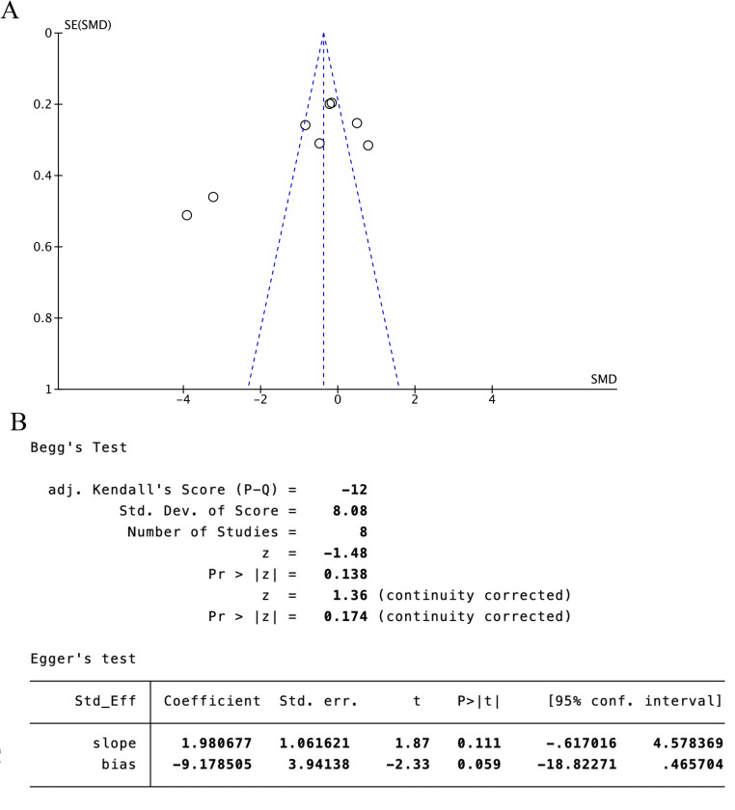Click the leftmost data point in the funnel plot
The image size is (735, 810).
pyautogui.click(x=187, y=215)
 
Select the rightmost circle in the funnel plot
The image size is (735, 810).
pyautogui.click(x=367, y=146)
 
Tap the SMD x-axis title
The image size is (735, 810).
pyautogui.click(x=603, y=379)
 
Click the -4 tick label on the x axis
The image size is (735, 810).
pyautogui.click(x=181, y=399)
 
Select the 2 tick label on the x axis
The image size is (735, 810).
pyautogui.click(x=415, y=399)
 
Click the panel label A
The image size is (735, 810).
pyautogui.click(x=11, y=13)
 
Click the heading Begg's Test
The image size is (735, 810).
pyautogui.click(x=79, y=447)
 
